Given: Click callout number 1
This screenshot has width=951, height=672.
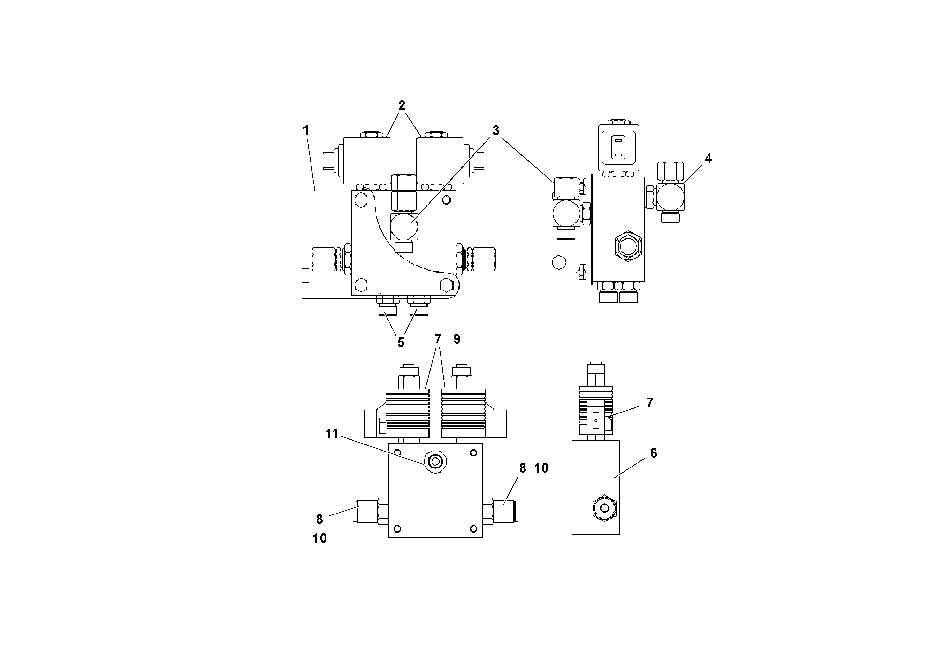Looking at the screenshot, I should [x=306, y=130].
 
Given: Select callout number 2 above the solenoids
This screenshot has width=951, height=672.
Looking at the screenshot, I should [x=401, y=106].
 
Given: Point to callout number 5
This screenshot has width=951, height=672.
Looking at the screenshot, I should [x=401, y=342].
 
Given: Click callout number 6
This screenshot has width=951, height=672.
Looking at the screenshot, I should [x=653, y=453].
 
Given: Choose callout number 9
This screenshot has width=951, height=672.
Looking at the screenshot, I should [x=456, y=339].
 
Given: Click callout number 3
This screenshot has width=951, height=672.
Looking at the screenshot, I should [x=495, y=130].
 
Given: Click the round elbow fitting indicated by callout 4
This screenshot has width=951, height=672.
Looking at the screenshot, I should [x=670, y=197].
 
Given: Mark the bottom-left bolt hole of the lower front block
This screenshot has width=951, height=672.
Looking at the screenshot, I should [x=397, y=528].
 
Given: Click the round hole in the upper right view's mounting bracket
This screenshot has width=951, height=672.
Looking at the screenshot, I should [x=559, y=262].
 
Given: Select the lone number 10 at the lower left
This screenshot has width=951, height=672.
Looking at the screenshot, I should [x=319, y=538].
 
